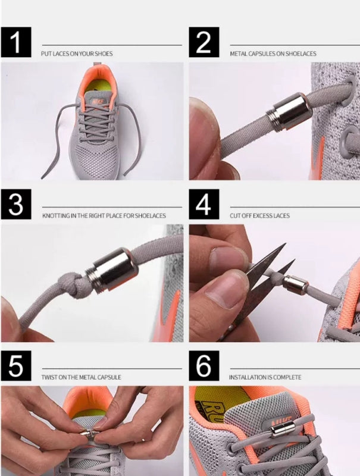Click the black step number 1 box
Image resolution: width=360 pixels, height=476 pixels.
click(16, 42)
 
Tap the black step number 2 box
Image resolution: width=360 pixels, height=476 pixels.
click(204, 42)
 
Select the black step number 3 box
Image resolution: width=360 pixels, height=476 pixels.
click(16, 204)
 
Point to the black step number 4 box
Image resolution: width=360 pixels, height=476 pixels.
click(204, 204)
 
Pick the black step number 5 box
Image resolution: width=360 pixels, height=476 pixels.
click(16, 366)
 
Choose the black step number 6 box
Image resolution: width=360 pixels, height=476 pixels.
click(204, 366)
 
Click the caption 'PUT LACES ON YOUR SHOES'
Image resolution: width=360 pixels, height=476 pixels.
click(77, 54)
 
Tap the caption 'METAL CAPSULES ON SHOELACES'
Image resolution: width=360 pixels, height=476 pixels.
click(273, 54)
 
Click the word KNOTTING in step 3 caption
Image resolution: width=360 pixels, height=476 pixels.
click(56, 216)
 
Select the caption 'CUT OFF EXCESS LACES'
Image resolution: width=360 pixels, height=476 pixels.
click(259, 216)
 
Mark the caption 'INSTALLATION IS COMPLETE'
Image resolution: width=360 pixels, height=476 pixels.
click(265, 377)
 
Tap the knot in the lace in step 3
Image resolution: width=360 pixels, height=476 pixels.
click(71, 285)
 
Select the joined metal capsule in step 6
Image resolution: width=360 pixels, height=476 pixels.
click(281, 429)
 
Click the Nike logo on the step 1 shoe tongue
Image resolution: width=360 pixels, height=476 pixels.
click(98, 102)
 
